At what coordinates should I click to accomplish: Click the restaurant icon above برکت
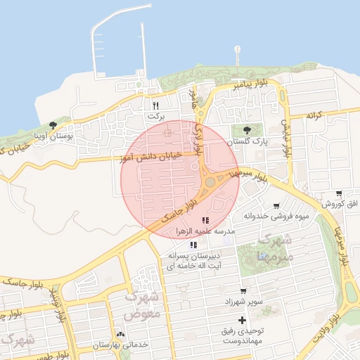point(155,105)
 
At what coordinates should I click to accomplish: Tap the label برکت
point(155,114)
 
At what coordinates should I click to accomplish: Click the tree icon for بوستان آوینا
point(53,125)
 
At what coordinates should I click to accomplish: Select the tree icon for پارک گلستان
point(247,130)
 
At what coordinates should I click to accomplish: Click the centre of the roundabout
point(210,182)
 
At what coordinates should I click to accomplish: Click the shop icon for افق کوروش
point(339,194)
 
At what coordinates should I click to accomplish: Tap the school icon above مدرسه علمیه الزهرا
point(205,221)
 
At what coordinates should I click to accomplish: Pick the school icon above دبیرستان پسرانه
point(193,245)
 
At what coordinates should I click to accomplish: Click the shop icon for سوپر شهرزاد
point(243,291)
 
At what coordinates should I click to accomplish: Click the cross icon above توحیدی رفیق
point(242,320)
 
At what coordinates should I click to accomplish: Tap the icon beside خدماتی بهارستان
point(120,335)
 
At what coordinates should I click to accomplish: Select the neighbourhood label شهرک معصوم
point(143,306)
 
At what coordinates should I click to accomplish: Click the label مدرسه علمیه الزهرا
point(205,231)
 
